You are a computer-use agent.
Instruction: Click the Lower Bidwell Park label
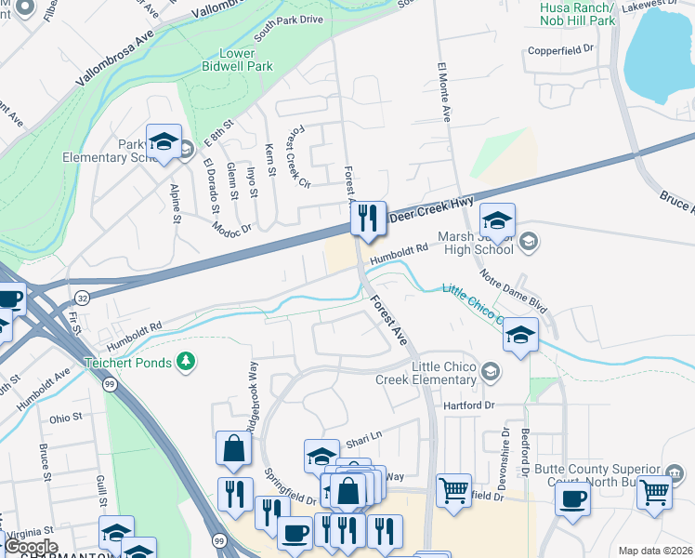(238, 60)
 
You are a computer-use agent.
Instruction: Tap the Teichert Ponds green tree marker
(187, 361)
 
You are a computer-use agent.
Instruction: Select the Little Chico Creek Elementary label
(426, 372)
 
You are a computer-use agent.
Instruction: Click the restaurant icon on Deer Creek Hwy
(368, 219)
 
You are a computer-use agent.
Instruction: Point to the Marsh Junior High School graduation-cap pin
(497, 221)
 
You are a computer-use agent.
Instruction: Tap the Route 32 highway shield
(82, 297)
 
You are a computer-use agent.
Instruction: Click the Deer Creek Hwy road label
(431, 207)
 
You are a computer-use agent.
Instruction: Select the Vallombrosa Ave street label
(114, 55)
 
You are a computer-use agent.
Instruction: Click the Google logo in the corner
(31, 547)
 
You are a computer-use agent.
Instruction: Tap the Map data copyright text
(655, 551)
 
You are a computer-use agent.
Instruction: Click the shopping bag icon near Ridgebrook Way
(233, 448)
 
